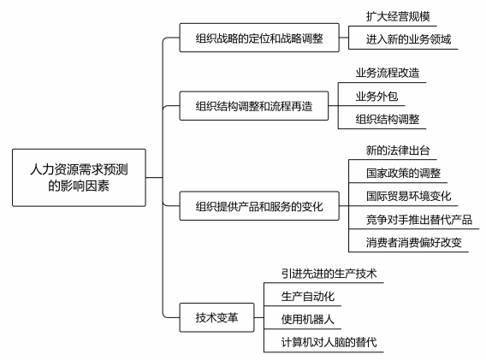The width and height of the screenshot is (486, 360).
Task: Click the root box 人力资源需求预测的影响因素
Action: (x=79, y=178)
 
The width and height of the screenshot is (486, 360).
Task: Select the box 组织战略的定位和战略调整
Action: (x=259, y=38)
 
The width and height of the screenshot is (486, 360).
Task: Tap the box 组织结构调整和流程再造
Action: (x=254, y=106)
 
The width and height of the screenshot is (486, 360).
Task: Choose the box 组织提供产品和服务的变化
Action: (x=259, y=206)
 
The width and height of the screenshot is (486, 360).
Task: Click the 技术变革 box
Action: (x=217, y=317)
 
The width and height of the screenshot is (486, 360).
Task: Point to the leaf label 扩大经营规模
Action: (x=398, y=16)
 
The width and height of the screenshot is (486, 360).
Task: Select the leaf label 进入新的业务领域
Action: (x=408, y=39)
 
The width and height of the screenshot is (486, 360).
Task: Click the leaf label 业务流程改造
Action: (x=388, y=73)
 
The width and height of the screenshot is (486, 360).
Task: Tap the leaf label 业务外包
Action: (x=376, y=97)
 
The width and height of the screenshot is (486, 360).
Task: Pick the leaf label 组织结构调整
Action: (x=388, y=119)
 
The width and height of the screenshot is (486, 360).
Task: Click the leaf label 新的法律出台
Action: (x=398, y=150)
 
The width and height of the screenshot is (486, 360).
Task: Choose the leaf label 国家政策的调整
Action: (x=403, y=174)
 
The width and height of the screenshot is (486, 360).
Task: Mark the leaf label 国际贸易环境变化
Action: (x=408, y=196)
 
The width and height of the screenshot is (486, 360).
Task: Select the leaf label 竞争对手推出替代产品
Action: (x=419, y=220)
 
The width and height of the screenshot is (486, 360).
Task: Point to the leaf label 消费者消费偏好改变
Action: (x=414, y=243)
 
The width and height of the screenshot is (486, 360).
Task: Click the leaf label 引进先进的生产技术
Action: (x=329, y=274)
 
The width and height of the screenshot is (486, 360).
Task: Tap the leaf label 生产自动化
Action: (x=308, y=297)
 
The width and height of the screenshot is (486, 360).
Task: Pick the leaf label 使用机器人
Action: (x=308, y=320)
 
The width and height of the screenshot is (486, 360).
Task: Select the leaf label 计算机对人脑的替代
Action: (x=329, y=342)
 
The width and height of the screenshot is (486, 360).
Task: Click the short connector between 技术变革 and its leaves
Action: (x=259, y=317)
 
